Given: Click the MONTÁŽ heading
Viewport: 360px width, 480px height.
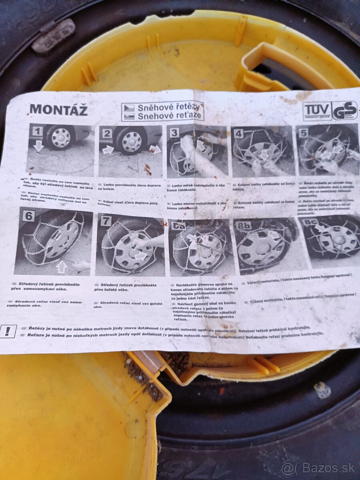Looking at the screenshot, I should click(x=58, y=109).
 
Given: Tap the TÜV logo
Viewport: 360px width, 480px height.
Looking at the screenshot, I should click(x=317, y=110).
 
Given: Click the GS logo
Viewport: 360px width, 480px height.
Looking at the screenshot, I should click(x=344, y=110).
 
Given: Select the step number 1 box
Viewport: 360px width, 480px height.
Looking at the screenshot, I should click(x=38, y=131).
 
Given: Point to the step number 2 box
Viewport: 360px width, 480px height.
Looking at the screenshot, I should click(x=107, y=134).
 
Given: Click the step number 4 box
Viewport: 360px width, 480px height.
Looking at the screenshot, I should click(x=238, y=134).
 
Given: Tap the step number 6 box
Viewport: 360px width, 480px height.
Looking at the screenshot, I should click(x=28, y=216).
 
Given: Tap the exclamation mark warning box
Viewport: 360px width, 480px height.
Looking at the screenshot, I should click(x=8, y=331).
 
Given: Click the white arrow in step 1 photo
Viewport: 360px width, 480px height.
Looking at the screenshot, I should click(x=38, y=146).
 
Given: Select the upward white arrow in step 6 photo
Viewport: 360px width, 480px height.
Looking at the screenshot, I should click(x=61, y=267).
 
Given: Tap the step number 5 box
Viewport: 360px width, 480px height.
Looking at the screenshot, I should click(x=303, y=133).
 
